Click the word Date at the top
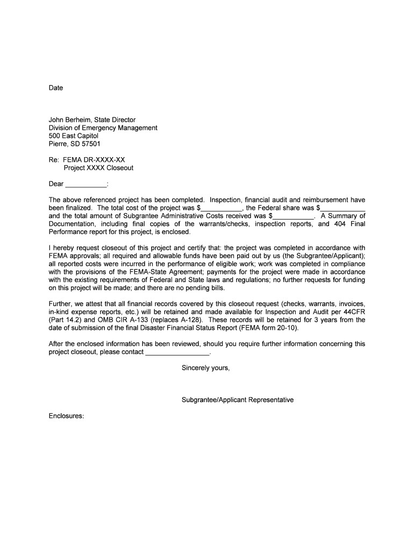[56, 88]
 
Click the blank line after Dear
[86, 185]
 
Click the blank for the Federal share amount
[344, 208]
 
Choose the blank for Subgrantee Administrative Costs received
[294, 216]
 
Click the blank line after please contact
[177, 352]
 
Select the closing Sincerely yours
[206, 368]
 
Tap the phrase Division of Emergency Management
[103, 128]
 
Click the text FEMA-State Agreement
[149, 272]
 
